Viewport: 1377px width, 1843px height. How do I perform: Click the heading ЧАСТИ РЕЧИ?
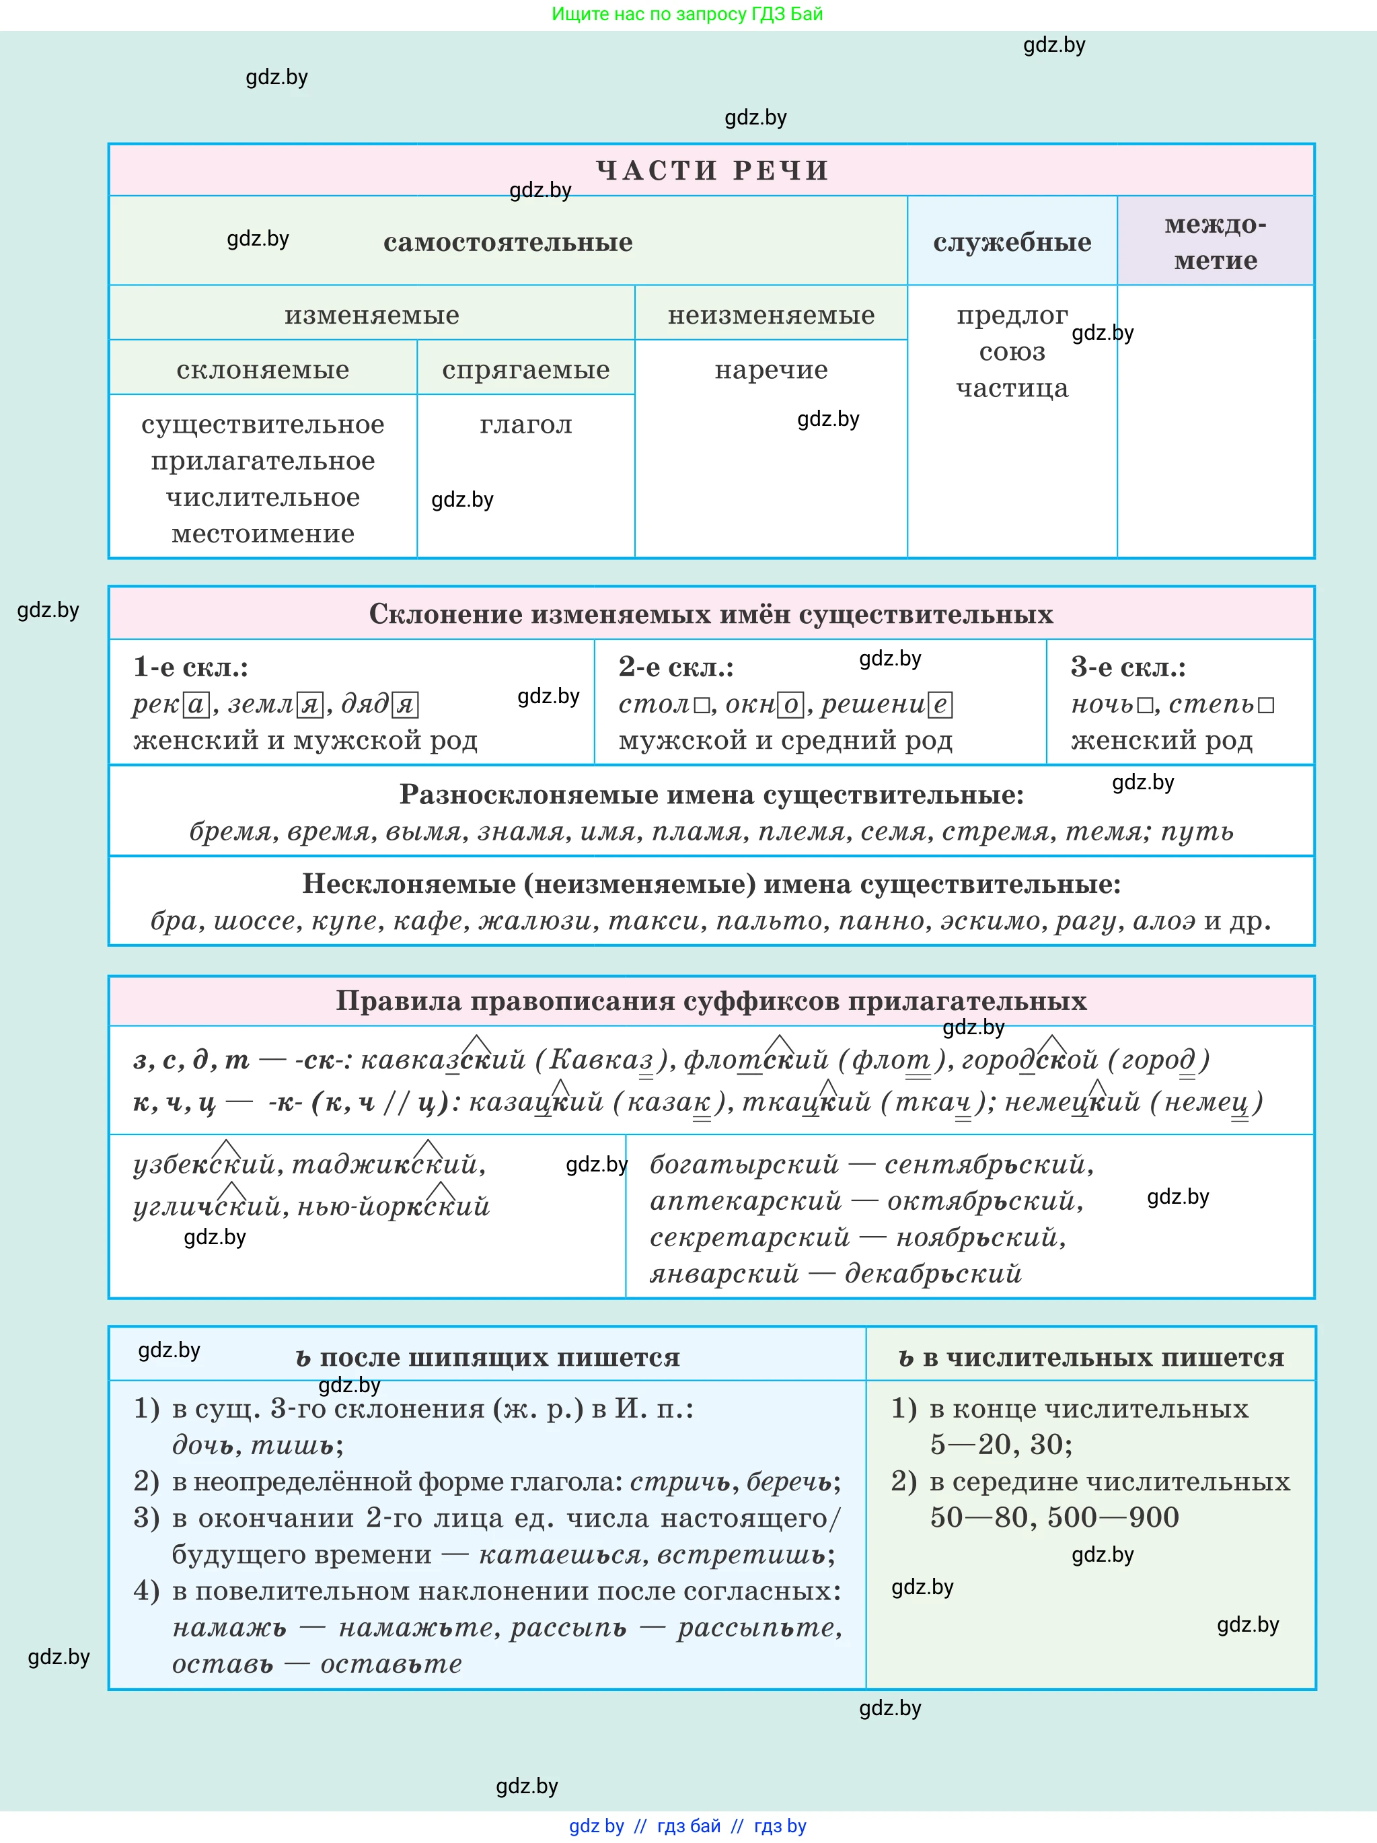[712, 170]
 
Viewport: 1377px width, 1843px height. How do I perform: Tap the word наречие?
[770, 370]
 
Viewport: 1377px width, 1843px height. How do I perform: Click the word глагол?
[525, 425]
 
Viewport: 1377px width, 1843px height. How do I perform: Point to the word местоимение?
[262, 534]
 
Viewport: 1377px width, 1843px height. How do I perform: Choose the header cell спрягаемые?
[525, 370]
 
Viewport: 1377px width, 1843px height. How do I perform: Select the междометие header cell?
[1215, 242]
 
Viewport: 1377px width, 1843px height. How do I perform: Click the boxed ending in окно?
[790, 706]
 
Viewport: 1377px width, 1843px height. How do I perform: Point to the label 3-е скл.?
[1128, 667]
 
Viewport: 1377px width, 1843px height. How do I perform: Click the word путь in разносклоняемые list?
[1197, 832]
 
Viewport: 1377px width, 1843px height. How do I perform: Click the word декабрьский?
[932, 1274]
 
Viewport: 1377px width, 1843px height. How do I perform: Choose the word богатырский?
[744, 1165]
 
